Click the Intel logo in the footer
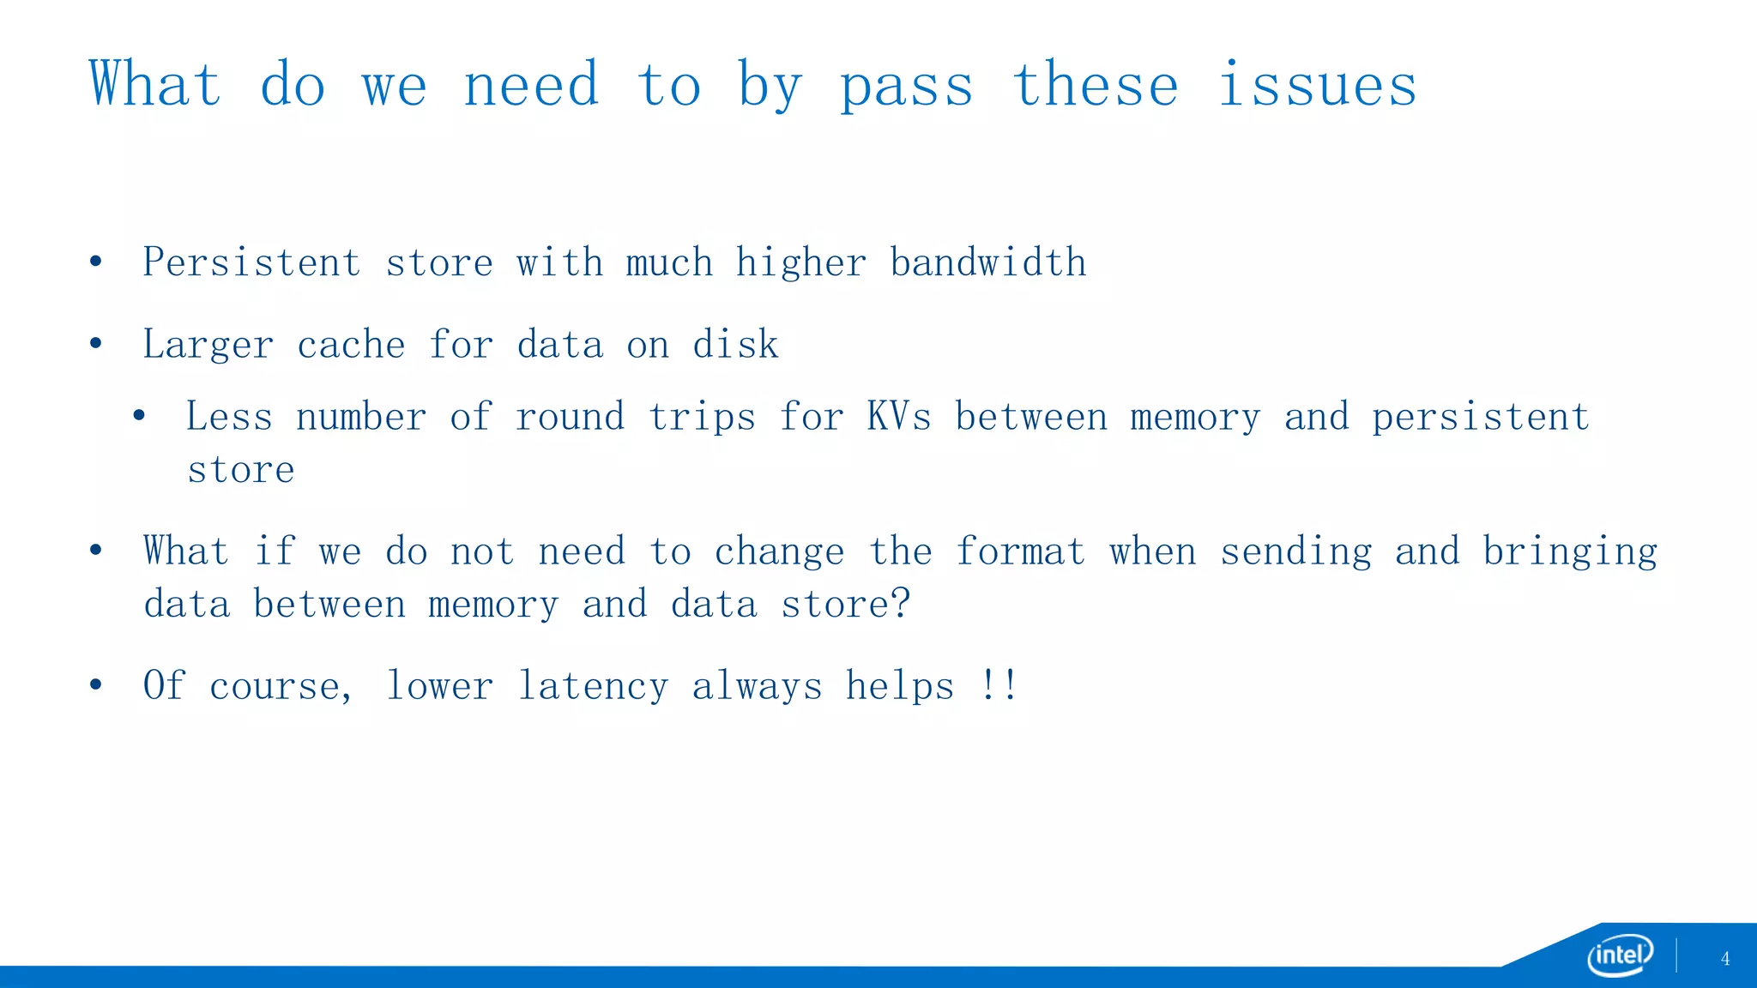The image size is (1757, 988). point(1620,955)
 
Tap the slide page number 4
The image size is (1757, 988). point(1725,959)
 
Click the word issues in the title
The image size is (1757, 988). point(1318,86)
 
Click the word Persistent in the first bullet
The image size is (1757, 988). point(251,262)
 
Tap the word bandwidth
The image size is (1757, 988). point(988,262)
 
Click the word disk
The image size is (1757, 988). point(735,345)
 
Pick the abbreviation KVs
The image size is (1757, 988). point(898,417)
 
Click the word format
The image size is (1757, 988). point(1021,551)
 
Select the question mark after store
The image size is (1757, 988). point(900,604)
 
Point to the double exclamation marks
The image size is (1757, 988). point(999,685)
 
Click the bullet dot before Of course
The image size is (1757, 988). point(96,685)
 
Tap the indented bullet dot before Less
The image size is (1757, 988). point(139,417)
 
